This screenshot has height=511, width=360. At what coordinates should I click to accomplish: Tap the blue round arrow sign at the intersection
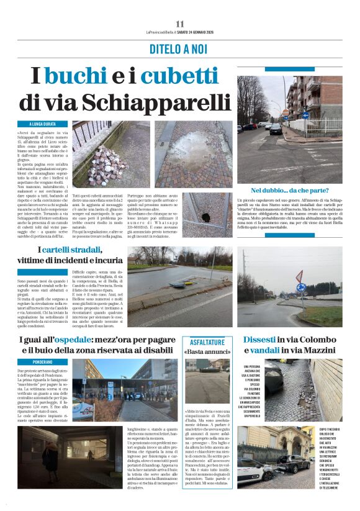coord(305,115)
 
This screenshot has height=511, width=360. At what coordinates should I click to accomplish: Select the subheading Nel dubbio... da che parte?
coord(289,190)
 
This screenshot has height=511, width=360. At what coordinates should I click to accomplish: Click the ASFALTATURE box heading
coord(207,342)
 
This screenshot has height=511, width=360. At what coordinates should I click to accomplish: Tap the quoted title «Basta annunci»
coord(207,352)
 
